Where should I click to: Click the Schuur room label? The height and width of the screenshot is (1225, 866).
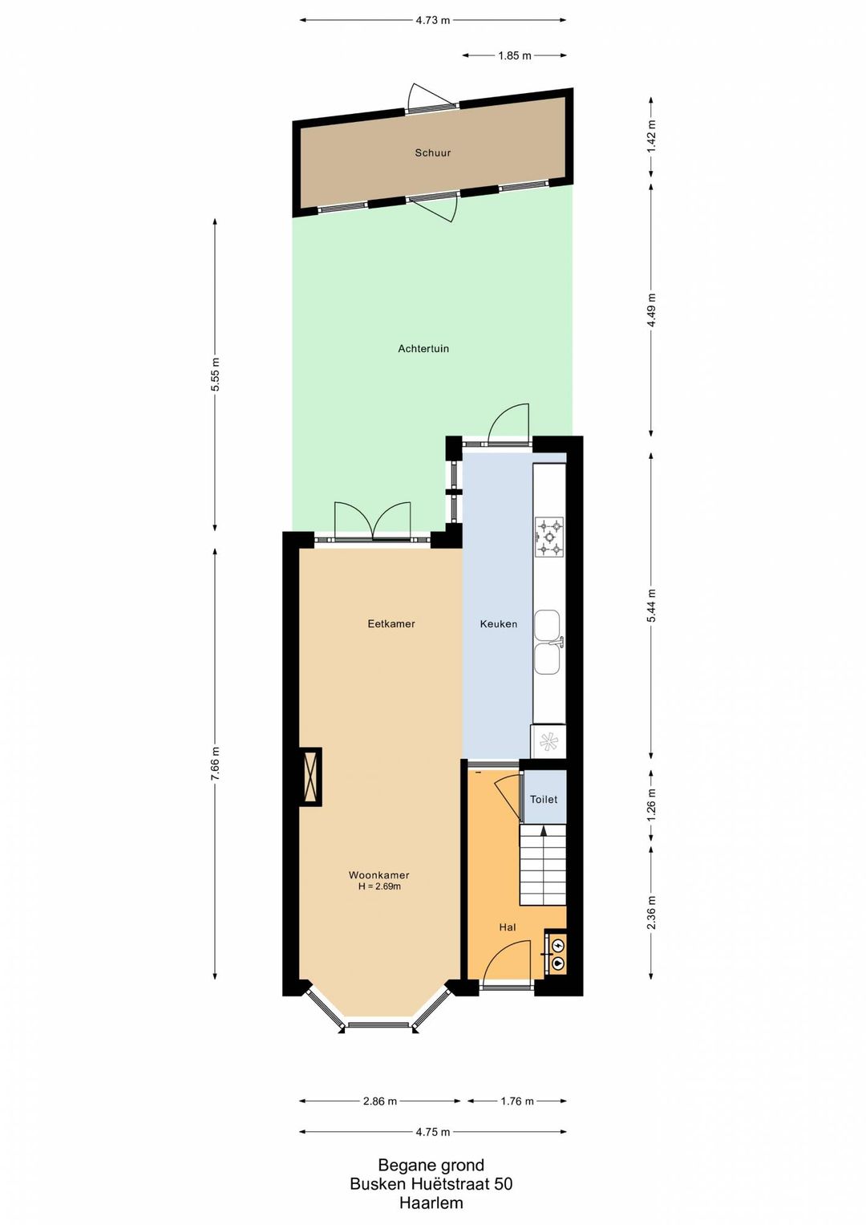coord(432,153)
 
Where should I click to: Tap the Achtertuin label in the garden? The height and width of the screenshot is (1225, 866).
coord(423,348)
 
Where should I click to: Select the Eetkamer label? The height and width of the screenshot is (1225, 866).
coord(391,623)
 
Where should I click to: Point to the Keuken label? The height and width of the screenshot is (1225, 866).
coord(499,623)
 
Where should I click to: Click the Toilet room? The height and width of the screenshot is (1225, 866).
coord(544,799)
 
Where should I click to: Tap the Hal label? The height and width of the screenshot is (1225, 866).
coord(508,927)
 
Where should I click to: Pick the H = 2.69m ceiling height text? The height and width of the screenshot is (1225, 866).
coord(379,886)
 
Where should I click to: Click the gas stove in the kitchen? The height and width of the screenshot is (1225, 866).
coord(549,537)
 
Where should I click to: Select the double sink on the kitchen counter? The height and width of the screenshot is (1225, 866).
coord(547,643)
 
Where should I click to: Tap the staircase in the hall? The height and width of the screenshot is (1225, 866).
coord(542,865)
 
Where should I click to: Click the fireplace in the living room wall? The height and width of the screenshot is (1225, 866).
coord(310,777)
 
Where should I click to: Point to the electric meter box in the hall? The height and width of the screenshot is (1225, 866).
coord(556,955)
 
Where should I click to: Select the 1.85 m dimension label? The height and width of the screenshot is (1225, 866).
coord(515,55)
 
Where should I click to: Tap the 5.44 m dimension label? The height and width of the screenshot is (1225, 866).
coord(650,606)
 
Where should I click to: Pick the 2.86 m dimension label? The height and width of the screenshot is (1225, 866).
coord(380,1101)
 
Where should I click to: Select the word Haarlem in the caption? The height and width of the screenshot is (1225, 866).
coord(431,1203)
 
